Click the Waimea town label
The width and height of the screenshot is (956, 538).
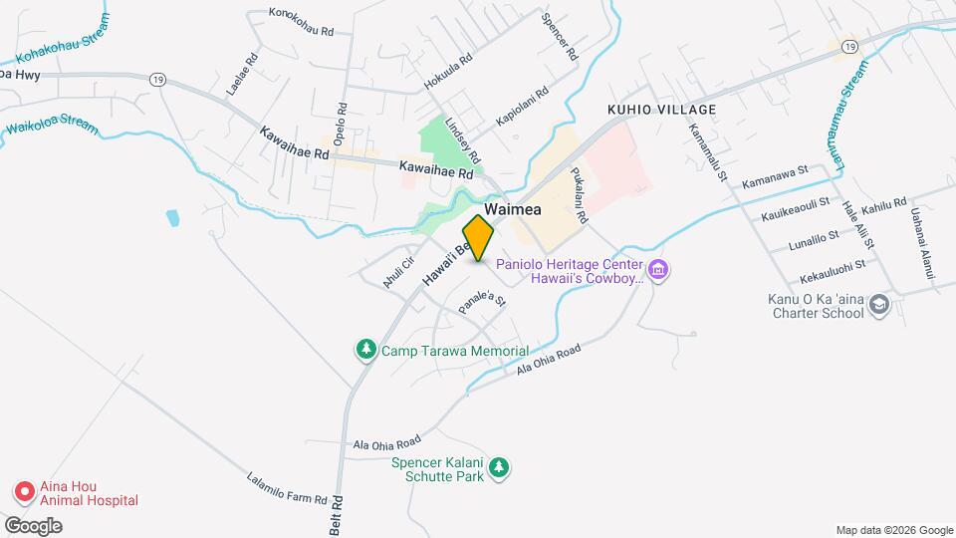click(x=514, y=209)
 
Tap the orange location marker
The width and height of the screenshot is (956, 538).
click(x=479, y=238)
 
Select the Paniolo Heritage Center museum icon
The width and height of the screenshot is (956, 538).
click(x=657, y=269)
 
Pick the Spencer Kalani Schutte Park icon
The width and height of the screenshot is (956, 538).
click(x=499, y=467)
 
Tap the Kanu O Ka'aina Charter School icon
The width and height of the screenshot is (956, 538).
click(x=878, y=304)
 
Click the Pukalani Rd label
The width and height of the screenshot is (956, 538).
click(x=582, y=189)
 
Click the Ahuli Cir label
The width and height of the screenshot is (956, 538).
click(x=397, y=272)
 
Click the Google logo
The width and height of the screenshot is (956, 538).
click(x=33, y=525)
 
